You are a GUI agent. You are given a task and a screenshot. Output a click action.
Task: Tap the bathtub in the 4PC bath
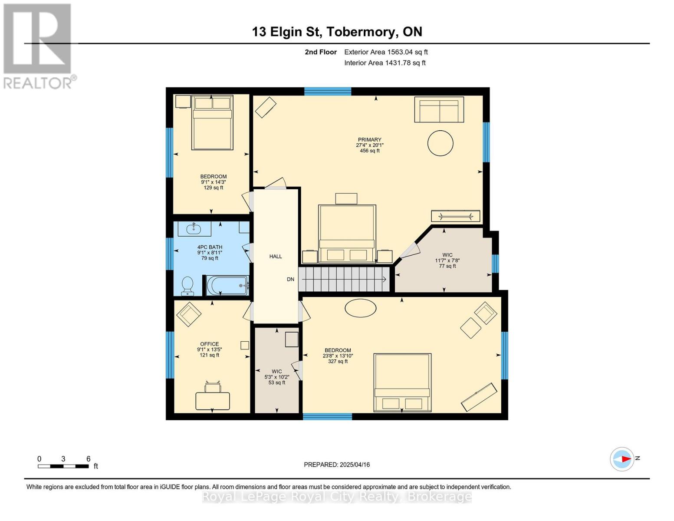tap(227, 286)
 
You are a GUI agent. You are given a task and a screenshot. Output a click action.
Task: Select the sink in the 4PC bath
tap(194, 228)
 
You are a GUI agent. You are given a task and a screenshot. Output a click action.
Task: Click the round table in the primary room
tap(440, 143)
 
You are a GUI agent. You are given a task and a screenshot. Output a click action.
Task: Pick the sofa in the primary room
tap(439, 110)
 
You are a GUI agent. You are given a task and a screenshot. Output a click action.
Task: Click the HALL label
tap(276, 257)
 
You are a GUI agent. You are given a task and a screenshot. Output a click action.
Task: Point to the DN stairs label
tap(290, 279)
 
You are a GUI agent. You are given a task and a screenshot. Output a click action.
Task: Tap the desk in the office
tap(213, 400)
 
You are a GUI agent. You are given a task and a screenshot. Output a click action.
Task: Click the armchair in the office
tap(188, 314)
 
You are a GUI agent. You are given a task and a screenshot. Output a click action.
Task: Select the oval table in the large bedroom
tap(360, 308)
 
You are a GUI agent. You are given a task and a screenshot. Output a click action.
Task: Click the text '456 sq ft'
tap(370, 151)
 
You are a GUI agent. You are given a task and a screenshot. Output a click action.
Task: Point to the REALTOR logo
tap(38, 46)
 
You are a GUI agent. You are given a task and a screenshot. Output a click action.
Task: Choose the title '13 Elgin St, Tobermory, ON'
tap(337, 32)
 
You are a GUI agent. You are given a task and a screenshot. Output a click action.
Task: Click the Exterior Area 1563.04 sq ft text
tap(386, 52)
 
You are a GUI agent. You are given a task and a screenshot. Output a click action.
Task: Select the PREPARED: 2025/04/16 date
tap(337, 465)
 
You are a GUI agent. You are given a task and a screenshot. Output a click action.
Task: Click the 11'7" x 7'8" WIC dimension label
tap(447, 260)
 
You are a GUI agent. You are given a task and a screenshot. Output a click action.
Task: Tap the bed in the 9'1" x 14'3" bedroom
tap(213, 123)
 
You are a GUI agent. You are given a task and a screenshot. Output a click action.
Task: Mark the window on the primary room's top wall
tap(327, 91)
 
